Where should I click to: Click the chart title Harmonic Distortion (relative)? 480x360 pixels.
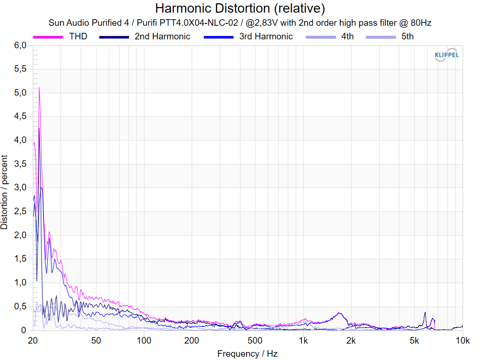[240, 8]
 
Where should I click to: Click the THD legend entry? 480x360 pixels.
[78, 37]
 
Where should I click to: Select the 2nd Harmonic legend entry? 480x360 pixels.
[162, 37]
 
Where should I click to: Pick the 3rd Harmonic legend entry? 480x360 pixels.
[266, 37]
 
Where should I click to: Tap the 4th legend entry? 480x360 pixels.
[347, 37]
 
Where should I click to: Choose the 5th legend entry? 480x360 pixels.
[407, 37]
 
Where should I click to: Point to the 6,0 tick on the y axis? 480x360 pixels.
[20, 45]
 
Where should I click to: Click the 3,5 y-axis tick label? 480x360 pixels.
[20, 164]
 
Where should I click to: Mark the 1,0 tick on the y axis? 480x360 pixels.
[20, 283]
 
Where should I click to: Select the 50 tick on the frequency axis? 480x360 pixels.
[96, 340]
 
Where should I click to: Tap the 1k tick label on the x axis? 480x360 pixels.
[303, 340]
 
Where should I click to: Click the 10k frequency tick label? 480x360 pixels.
[463, 340]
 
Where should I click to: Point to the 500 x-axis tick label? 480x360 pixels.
[255, 340]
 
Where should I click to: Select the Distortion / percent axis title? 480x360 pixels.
[5, 192]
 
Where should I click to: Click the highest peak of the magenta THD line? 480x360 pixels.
[39, 88]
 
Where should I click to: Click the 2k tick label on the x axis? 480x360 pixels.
[351, 340]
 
